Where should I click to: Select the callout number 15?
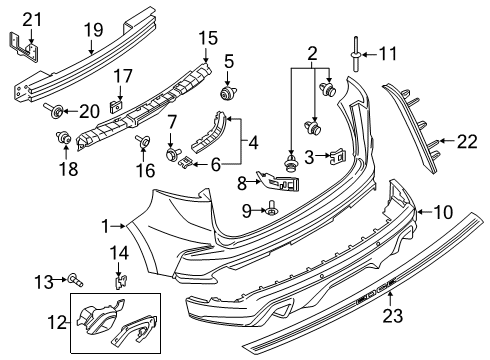tap(207, 38)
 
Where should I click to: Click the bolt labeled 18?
tap(67, 138)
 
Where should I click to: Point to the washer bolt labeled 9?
tap(273, 210)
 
